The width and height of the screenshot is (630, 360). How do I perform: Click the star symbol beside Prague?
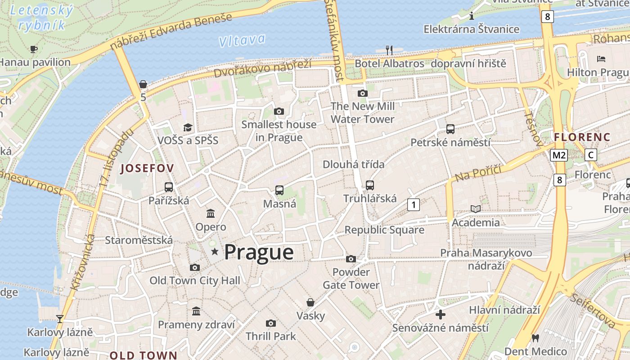[215, 252]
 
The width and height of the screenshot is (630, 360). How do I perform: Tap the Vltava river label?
[242, 40]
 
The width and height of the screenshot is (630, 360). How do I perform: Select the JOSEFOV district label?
[147, 169]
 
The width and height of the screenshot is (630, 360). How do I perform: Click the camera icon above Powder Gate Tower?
[351, 259]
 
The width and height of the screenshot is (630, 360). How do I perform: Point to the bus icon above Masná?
[279, 190]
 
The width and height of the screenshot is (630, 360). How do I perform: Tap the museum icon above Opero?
[211, 213]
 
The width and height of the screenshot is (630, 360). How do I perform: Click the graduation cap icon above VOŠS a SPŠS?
[188, 128]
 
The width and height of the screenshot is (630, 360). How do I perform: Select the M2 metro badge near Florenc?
[558, 155]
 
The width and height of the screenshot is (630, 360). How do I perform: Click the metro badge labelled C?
[591, 155]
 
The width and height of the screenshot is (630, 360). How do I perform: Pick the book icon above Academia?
[476, 209]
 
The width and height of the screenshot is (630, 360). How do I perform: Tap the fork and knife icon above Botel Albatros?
[389, 50]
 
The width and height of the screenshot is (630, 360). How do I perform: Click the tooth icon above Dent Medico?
[535, 338]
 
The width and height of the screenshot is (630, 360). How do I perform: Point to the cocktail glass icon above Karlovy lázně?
[60, 319]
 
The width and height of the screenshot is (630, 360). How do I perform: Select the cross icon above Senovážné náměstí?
[441, 314]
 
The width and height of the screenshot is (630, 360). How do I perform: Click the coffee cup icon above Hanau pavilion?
[34, 49]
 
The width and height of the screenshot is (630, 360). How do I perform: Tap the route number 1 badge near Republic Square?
[413, 205]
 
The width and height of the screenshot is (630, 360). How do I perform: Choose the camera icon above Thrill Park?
[270, 323]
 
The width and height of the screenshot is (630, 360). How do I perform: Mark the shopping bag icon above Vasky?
[310, 302]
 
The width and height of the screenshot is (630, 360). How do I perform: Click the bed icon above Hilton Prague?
[601, 59]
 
